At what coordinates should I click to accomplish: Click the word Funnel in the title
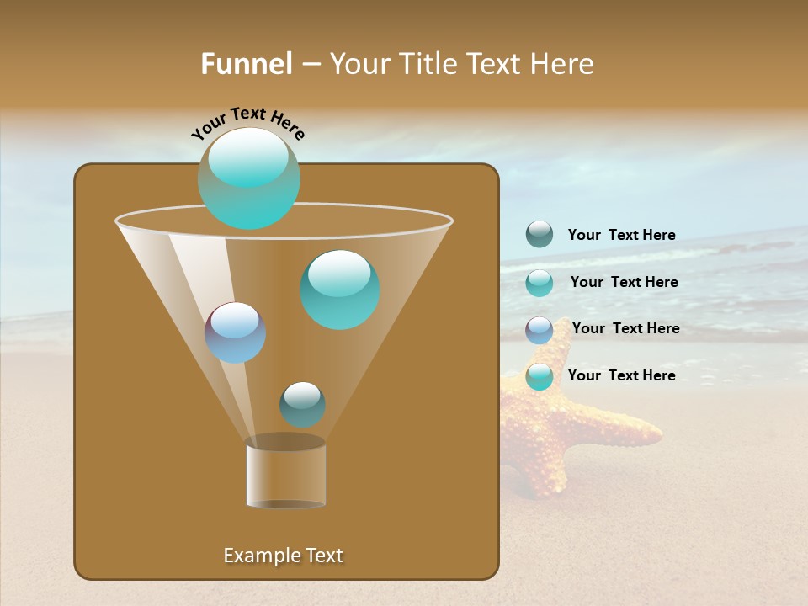click(246, 64)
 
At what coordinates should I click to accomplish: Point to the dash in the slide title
click(310, 65)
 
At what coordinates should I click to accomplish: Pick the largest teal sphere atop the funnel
click(249, 178)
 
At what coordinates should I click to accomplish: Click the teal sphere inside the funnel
click(340, 290)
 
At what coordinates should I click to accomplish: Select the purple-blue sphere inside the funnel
click(236, 332)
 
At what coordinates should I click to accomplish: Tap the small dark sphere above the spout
click(302, 404)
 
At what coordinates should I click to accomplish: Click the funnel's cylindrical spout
click(286, 476)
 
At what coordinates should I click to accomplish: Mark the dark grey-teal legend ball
click(540, 234)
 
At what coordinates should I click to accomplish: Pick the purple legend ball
click(540, 330)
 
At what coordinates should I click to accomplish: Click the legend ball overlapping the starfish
click(540, 376)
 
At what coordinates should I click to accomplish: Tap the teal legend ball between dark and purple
click(540, 283)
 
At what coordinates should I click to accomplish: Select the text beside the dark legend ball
click(621, 235)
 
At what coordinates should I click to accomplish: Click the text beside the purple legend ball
click(625, 328)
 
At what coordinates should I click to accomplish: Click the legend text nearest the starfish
click(621, 375)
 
